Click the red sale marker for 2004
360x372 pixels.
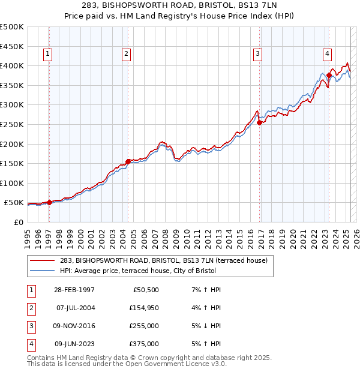(128, 161)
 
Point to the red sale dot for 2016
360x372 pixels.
(260, 122)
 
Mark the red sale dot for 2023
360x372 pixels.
(329, 76)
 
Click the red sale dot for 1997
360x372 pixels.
(49, 202)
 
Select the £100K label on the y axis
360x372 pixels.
(12, 183)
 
